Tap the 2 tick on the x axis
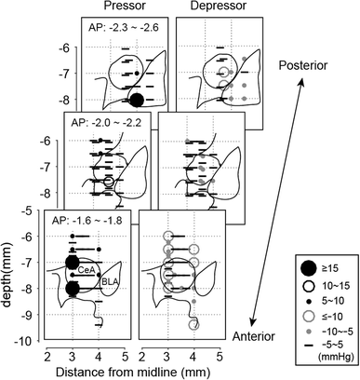[x=47, y=355]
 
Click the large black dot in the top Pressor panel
[x=137, y=100]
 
